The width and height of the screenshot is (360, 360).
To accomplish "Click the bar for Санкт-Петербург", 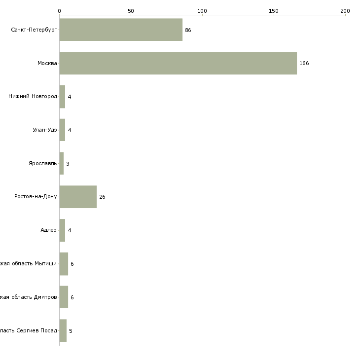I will coord(121,30).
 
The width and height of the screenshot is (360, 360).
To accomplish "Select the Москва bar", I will coord(178,63).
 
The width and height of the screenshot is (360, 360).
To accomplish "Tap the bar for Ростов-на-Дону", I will coord(78,197).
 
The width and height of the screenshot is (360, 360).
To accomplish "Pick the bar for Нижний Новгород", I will coord(62,97).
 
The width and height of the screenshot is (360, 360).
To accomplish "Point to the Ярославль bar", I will coord(62,163).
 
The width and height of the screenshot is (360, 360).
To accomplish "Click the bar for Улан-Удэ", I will coord(62,130).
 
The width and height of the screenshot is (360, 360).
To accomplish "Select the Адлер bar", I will coord(62,230).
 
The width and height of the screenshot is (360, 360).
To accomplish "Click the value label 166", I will coord(304,64).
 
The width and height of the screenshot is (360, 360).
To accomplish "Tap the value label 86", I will coord(188,30).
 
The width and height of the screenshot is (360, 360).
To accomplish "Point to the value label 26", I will coord(102,197).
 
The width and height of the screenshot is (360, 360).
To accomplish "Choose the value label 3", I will coord(68,164).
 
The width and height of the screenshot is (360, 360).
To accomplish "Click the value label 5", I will coord(71,331).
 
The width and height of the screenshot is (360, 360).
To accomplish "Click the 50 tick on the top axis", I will coord(131,10).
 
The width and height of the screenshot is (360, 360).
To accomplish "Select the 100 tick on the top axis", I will coord(202,10).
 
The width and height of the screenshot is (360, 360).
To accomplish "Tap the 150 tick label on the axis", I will coord(274,10).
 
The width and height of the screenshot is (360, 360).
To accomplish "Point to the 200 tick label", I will coord(345,10).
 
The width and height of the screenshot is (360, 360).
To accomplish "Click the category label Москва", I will coord(47,63).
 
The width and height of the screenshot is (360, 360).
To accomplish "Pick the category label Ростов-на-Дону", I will coord(36,197).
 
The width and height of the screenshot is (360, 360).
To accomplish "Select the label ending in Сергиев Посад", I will coord(29,330).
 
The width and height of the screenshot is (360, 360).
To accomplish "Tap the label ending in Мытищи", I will coord(29,264).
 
